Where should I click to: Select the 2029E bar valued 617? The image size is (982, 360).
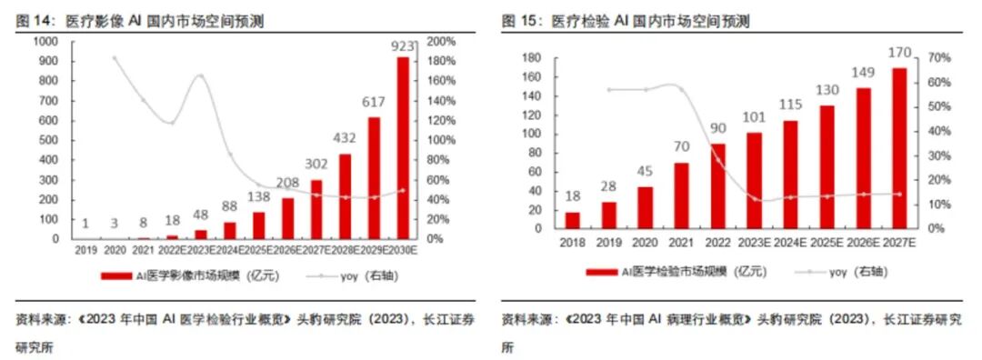[x=373, y=178]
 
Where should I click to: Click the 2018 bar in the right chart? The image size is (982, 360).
[x=572, y=220]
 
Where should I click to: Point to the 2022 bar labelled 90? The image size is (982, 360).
[x=718, y=185]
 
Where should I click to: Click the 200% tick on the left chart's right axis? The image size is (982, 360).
[x=440, y=42]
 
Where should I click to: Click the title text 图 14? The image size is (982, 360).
[x=30, y=20]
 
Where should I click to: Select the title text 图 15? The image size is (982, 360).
[x=516, y=20]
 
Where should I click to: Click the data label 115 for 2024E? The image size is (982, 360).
[x=789, y=105]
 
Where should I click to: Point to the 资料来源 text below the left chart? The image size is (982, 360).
[x=36, y=319]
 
